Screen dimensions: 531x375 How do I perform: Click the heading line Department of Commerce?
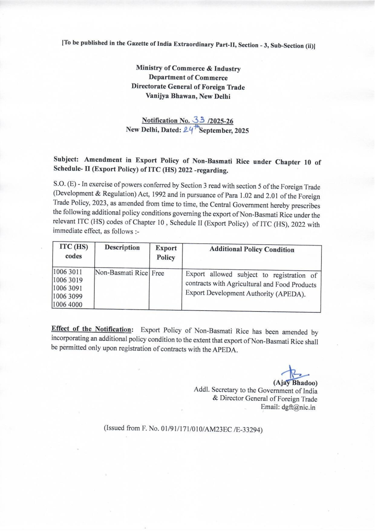188,78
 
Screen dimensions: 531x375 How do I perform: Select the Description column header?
122,247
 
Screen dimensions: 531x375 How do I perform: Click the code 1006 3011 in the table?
68,272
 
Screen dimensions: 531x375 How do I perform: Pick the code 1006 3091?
68,288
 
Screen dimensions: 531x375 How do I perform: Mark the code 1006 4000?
68,305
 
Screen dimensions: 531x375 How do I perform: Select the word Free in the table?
158,273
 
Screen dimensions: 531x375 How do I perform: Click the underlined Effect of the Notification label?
91,329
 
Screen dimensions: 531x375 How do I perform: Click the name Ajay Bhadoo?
295,383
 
